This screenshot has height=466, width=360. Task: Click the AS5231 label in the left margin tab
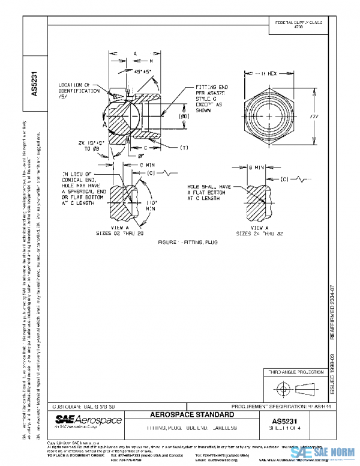(35, 84)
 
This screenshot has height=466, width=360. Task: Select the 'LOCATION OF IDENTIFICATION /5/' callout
(77, 91)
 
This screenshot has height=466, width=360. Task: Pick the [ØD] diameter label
(184, 116)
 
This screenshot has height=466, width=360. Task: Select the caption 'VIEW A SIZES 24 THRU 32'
(260, 231)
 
